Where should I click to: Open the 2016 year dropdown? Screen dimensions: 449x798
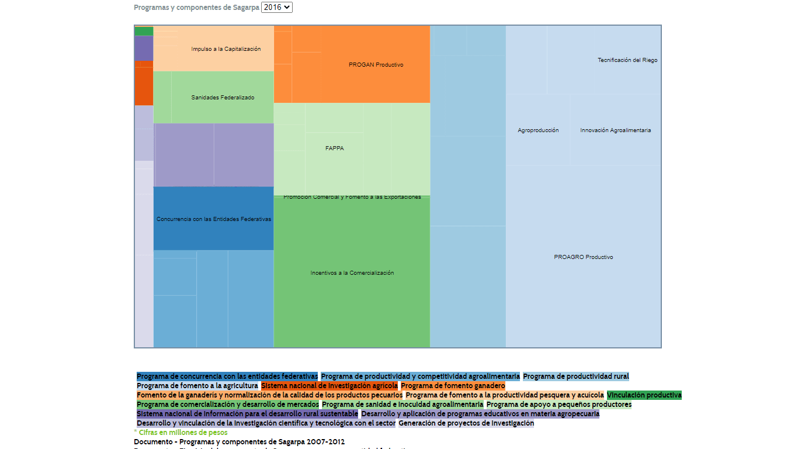tap(277, 8)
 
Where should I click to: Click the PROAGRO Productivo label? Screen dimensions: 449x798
tap(584, 257)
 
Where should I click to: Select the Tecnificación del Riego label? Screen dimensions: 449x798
tap(627, 60)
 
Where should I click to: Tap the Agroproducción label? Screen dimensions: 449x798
tap(538, 130)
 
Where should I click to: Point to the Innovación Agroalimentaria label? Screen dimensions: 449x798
tap(615, 130)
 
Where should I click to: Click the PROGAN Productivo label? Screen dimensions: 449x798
tap(376, 65)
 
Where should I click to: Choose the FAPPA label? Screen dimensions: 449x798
tap(335, 148)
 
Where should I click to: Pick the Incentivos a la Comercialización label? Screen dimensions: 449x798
tap(352, 273)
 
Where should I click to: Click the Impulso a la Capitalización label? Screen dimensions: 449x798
tap(225, 49)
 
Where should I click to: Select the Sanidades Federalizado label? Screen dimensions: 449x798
tap(223, 98)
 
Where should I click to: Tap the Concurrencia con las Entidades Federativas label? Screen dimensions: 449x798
tap(214, 219)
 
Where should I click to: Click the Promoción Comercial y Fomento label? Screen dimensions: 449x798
tap(352, 197)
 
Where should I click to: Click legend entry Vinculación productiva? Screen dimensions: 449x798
tap(644, 395)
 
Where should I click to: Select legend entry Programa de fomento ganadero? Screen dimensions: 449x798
tap(453, 386)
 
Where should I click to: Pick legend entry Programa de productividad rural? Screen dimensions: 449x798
tap(576, 377)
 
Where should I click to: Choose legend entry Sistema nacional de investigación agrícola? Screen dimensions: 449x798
tap(329, 386)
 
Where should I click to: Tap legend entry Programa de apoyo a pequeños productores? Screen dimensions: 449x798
tap(558, 405)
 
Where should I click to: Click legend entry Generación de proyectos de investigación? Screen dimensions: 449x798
tap(466, 423)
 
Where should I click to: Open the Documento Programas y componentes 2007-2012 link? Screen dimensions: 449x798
tap(239, 442)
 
